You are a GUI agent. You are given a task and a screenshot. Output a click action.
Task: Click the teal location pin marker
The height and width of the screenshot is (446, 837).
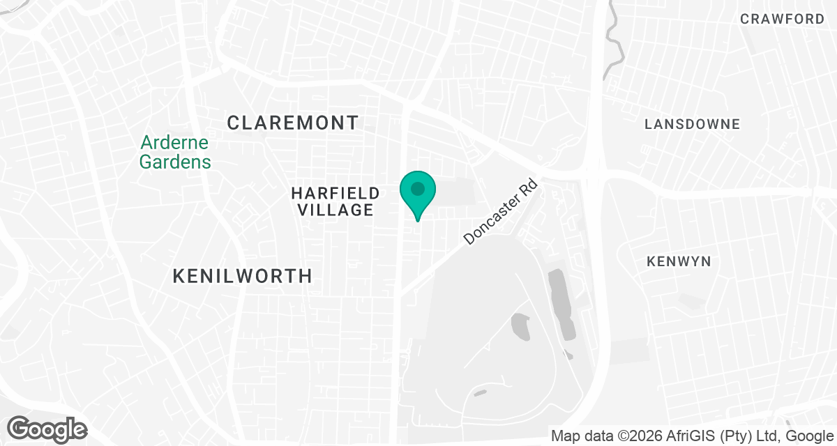coord(418,192)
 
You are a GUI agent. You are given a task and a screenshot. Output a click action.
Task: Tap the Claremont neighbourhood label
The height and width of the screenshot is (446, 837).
coord(293,123)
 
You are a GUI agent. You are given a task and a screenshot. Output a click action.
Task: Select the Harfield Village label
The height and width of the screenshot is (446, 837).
coord(335,201)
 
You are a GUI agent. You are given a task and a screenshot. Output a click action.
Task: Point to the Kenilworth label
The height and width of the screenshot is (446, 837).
coord(242,277)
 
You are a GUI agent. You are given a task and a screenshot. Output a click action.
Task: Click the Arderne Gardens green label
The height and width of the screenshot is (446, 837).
coord(174,153)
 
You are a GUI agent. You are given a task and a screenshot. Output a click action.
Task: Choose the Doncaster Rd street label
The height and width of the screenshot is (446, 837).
coord(500,213)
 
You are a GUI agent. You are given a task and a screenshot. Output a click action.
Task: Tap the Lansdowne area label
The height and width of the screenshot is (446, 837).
coord(692,125)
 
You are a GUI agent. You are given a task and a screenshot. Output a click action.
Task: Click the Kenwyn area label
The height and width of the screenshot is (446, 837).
coord(679,262)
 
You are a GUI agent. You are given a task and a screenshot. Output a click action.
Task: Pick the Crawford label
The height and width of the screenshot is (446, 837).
coord(783,20)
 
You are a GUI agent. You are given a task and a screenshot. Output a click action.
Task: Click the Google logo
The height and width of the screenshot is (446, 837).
coord(47,429)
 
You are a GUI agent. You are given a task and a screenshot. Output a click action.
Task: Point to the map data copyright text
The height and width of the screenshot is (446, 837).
coord(693,436)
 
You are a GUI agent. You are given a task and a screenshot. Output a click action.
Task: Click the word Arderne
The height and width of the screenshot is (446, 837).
coord(174,143)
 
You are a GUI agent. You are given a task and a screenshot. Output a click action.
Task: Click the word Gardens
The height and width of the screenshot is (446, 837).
coord(174,162)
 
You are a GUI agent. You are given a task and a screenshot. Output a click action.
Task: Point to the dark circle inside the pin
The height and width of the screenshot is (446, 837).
coord(418,188)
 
